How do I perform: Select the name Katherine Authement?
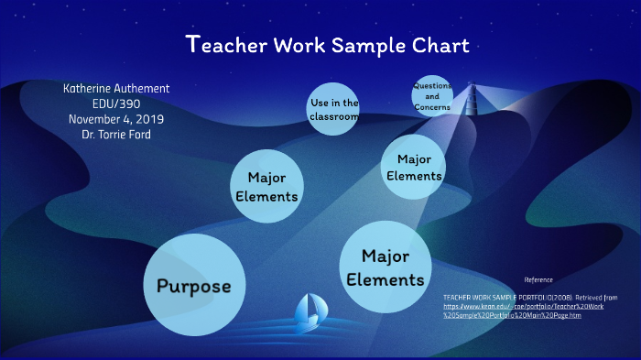point(116,89)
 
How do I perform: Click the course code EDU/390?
point(116,104)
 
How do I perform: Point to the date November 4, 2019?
point(116,118)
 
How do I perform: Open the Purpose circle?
point(193,285)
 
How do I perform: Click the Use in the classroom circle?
point(333,109)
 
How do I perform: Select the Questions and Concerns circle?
point(432,95)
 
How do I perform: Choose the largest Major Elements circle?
point(385,267)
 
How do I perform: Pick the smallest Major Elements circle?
point(414,166)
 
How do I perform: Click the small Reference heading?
point(538,279)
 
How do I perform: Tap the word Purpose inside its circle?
point(193,286)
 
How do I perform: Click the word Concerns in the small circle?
point(432,107)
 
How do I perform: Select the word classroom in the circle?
point(333,117)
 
